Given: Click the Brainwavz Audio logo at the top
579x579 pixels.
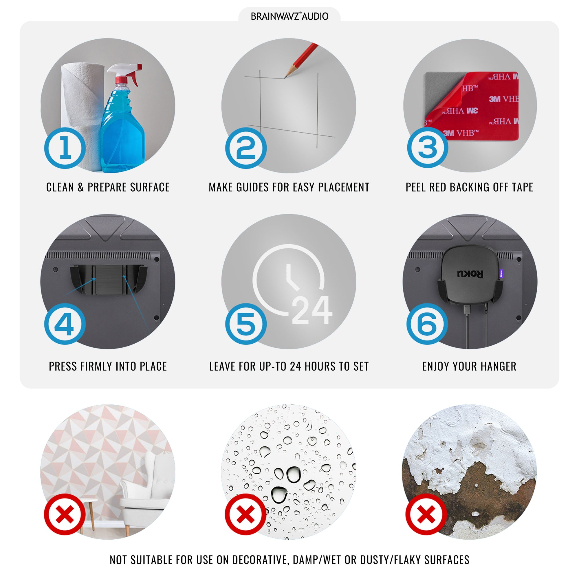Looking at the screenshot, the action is [289, 16].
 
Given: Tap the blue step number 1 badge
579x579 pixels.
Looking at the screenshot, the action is [65, 148].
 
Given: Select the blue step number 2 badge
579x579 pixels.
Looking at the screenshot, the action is [246, 148].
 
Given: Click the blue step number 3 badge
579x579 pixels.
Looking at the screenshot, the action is [428, 147].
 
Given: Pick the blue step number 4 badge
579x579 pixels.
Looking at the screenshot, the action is [65, 324].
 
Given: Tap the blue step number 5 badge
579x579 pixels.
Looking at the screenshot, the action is [246, 324].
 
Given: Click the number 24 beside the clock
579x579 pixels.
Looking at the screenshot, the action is [312, 310].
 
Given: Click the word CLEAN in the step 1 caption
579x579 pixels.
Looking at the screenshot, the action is [60, 187].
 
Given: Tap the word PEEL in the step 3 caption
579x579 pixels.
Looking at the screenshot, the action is [416, 187].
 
